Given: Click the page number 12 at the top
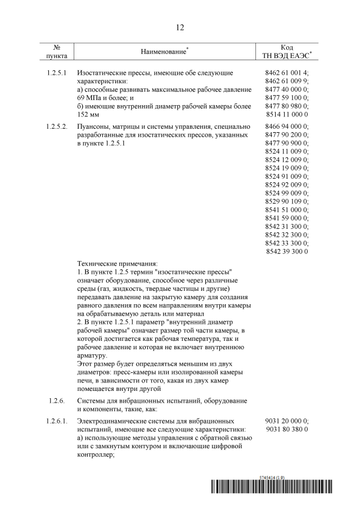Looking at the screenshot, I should (180, 27).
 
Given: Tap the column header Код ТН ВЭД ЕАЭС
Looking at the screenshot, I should (286, 52).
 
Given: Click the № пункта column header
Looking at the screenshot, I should (57, 52).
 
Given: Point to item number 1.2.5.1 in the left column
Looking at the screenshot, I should (56, 73).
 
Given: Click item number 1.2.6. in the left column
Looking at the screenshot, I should (56, 400).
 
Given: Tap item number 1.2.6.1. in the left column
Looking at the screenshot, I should (57, 421).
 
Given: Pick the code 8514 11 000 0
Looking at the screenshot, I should (286, 114).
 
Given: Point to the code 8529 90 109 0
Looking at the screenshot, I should (286, 201).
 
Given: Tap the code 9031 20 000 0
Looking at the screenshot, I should (286, 421).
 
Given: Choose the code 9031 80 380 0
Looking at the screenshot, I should (286, 429).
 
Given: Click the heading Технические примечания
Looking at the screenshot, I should (118, 263).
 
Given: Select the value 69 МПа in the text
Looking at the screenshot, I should (89, 98).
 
